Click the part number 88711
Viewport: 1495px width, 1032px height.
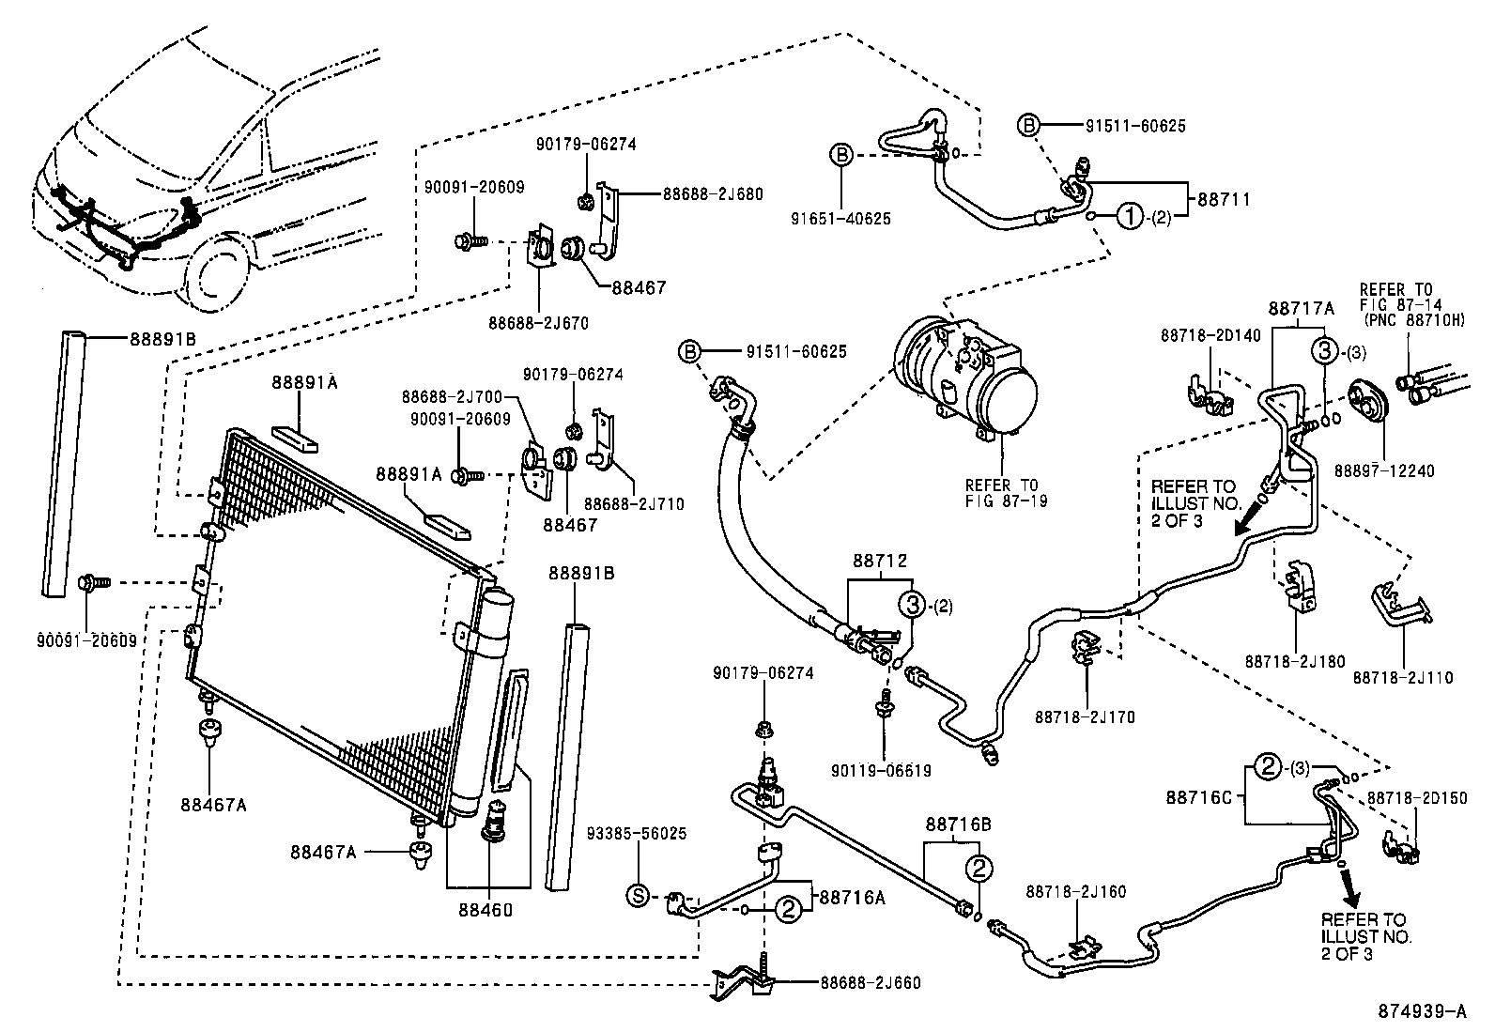1224,199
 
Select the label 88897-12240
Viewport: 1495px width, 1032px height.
1383,470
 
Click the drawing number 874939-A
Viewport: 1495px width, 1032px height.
1422,1011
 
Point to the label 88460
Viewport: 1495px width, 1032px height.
486,908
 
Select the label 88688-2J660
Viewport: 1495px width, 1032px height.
871,983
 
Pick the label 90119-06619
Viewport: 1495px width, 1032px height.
881,771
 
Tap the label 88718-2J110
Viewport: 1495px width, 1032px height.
1402,677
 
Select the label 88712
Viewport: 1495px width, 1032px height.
880,561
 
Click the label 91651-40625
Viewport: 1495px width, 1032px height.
840,219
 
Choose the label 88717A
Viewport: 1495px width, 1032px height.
1301,308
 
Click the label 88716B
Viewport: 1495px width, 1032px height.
958,824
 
